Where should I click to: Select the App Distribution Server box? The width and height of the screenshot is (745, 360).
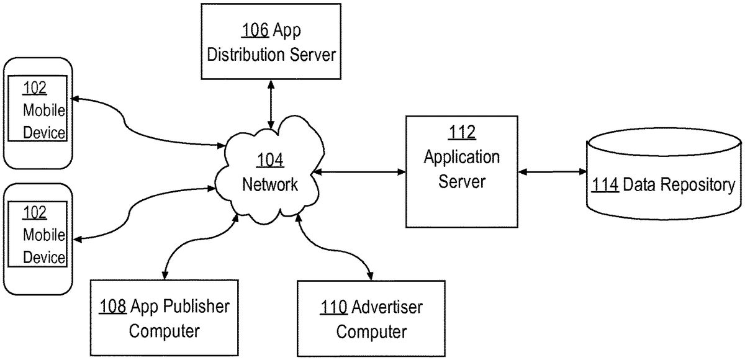point(271,41)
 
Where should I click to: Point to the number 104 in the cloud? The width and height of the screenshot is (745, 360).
point(270,160)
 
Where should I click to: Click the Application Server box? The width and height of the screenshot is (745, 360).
point(462,171)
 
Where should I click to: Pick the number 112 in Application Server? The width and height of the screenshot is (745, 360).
point(462,132)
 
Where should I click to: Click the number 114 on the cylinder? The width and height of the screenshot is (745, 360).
point(605,185)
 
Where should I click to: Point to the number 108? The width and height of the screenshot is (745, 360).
point(113,306)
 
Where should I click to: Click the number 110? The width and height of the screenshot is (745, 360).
point(335,306)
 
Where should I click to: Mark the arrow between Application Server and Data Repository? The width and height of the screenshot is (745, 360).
point(553,171)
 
